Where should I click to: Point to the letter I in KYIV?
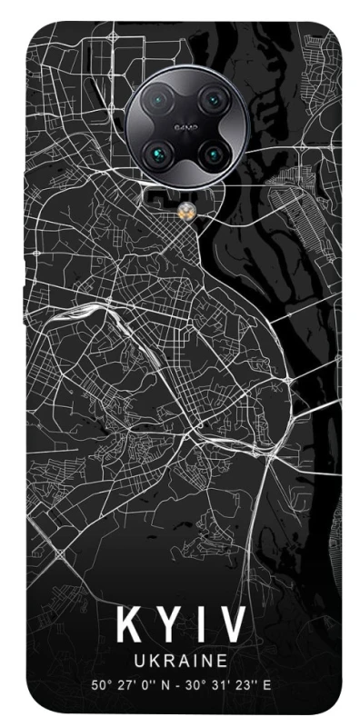coord(195,626)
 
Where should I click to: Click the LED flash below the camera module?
coord(187,210)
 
